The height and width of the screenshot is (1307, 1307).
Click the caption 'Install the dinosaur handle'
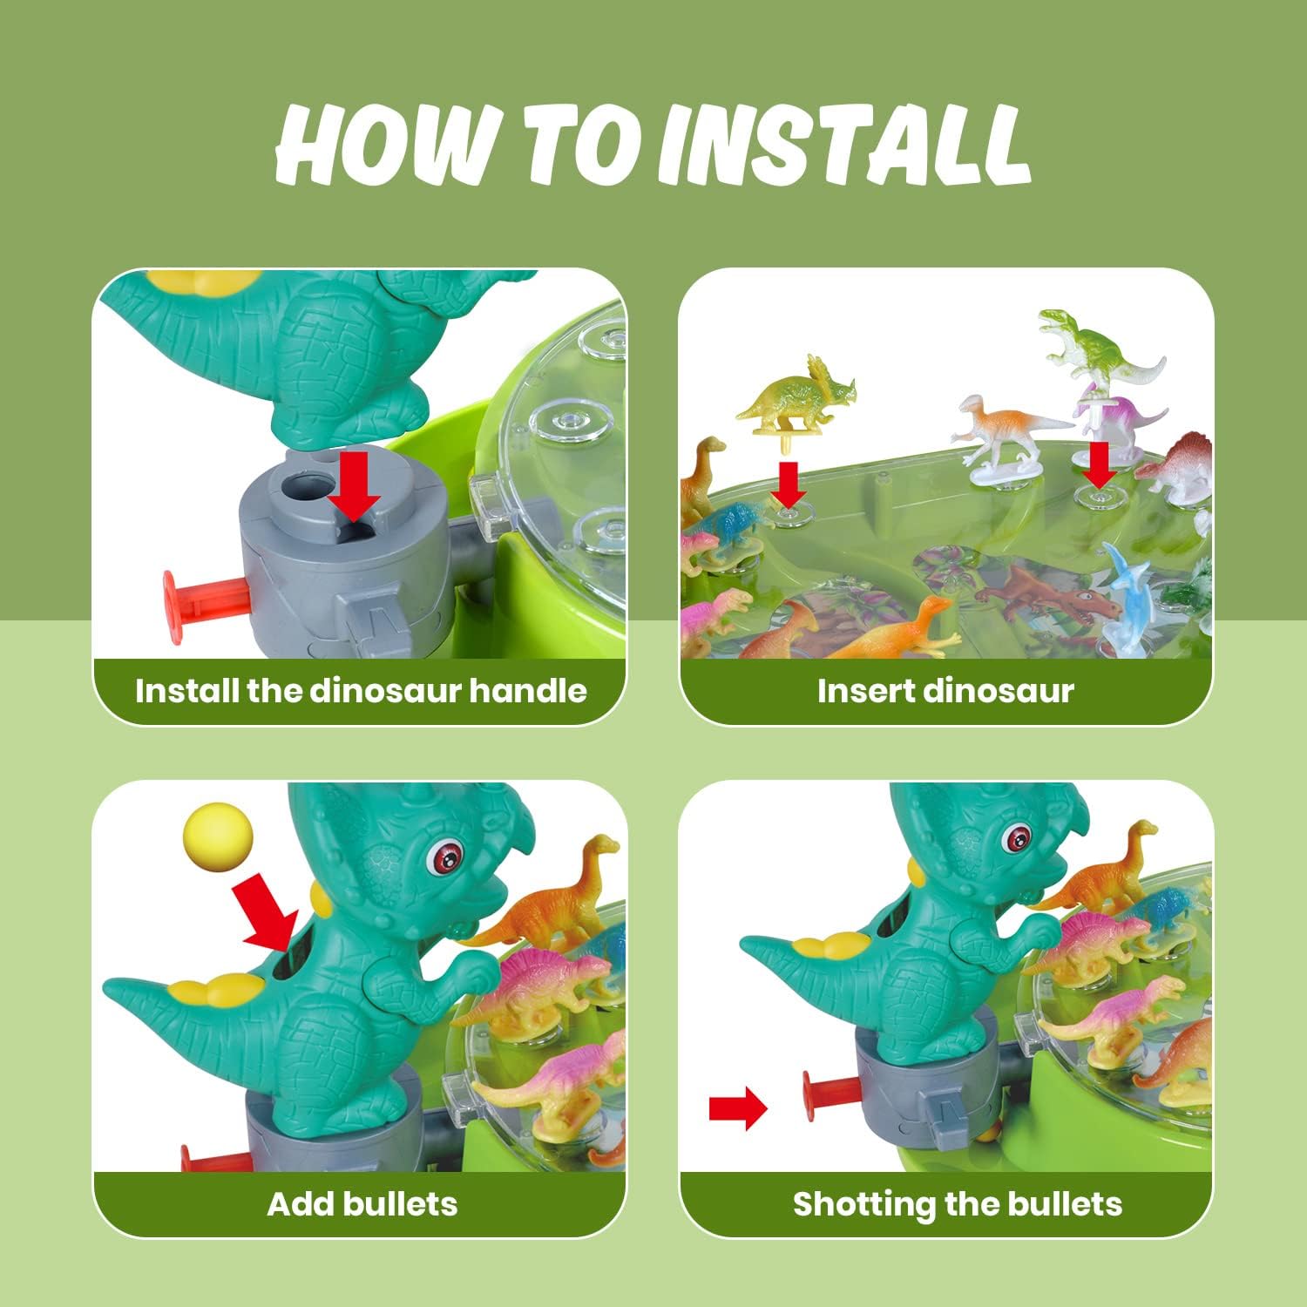coord(361,691)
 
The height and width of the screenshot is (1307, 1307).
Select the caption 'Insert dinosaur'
coord(945,691)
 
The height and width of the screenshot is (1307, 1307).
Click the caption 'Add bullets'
coord(362,1203)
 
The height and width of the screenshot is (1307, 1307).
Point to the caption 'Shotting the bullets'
coord(957,1204)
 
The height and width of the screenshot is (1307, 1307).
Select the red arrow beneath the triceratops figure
coord(789,484)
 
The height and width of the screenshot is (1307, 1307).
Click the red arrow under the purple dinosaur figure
coord(1100,464)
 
